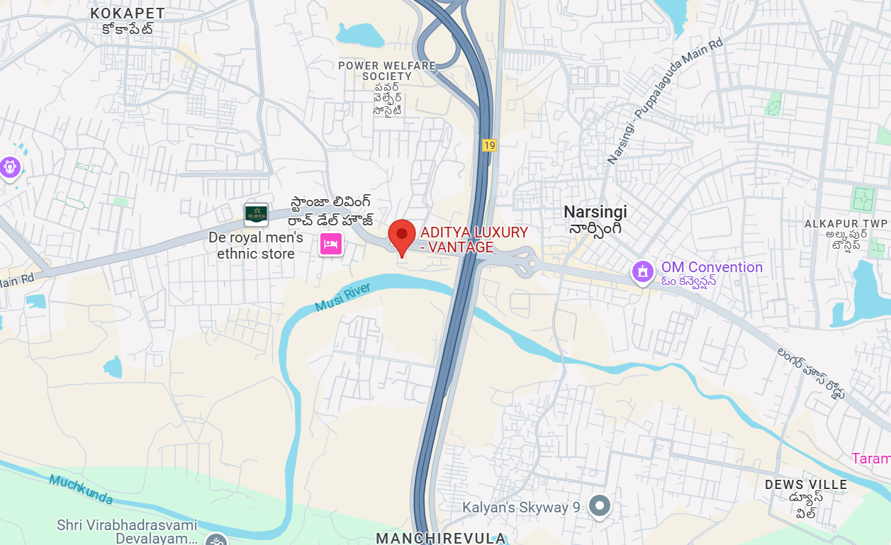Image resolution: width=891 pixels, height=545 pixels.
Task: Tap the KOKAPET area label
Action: pos(128,13)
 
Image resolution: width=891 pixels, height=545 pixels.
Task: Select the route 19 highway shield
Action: pos(489,145)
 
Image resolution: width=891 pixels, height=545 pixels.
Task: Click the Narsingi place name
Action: pos(595,211)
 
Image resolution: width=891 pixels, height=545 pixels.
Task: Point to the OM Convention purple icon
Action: pos(642,271)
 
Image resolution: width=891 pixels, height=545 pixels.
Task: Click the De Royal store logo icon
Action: pos(256,214)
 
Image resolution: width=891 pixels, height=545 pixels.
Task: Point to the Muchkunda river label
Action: pos(81,489)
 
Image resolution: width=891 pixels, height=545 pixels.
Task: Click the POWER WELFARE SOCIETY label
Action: pos(386,70)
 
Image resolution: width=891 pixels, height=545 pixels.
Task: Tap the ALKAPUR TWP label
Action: pos(846,224)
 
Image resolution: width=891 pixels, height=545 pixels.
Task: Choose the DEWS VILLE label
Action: pos(806,485)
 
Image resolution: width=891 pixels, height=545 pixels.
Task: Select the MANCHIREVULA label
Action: pos(440,538)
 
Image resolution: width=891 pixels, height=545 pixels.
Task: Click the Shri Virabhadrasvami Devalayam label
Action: pos(127,532)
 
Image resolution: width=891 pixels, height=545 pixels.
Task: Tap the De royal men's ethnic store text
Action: pos(256,245)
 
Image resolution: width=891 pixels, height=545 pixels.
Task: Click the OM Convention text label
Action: pos(712,267)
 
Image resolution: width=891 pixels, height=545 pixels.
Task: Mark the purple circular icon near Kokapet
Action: pos(10,168)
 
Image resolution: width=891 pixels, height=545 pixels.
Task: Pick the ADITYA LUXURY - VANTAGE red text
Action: pos(474,240)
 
